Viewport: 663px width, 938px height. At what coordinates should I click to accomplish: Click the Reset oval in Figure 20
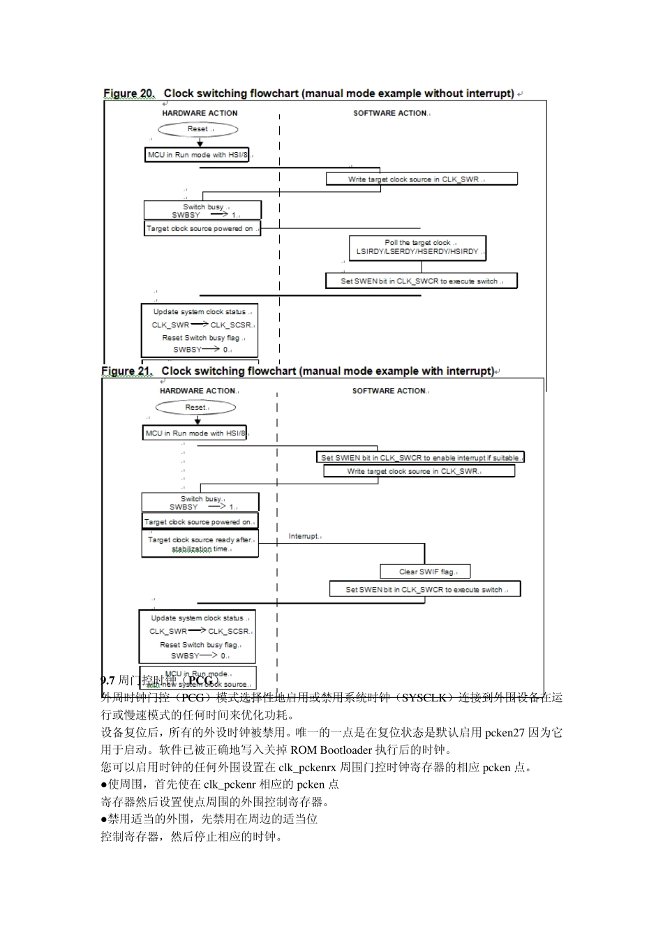point(198,129)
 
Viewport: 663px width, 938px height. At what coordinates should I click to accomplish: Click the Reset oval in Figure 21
point(196,408)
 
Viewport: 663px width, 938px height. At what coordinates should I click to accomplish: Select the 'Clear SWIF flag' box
point(425,572)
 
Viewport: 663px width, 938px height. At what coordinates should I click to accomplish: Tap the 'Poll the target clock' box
point(417,247)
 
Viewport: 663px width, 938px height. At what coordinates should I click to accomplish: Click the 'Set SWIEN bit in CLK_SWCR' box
point(420,458)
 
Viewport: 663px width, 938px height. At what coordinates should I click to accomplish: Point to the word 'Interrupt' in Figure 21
point(304,536)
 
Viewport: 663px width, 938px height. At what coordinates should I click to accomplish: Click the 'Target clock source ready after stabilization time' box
point(200,544)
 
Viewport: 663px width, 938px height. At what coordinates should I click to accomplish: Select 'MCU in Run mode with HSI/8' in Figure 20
point(197,155)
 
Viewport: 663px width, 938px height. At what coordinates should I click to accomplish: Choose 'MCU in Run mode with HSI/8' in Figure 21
point(195,433)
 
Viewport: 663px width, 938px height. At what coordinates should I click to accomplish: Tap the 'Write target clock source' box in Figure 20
point(422,179)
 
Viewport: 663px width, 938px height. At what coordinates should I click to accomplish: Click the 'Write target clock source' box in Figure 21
point(419,471)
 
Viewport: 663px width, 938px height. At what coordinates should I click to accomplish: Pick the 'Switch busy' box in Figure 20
point(202,211)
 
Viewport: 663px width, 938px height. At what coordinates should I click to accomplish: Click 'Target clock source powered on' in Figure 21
point(200,521)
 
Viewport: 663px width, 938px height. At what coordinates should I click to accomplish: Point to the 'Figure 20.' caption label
point(129,94)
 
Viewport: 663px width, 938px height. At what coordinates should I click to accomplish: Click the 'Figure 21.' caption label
point(126,371)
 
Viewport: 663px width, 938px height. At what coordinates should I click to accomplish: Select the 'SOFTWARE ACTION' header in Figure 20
point(390,113)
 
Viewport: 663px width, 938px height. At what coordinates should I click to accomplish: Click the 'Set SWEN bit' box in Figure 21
point(425,590)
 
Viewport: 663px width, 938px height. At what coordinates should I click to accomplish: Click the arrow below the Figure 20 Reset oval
point(200,142)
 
